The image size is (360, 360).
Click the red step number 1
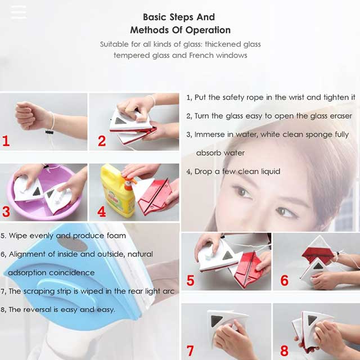click(x=6, y=141)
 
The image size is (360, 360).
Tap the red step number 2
click(x=102, y=141)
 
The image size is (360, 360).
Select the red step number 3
click(x=6, y=211)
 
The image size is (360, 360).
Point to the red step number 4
click(x=102, y=211)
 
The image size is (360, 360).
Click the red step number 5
click(x=190, y=280)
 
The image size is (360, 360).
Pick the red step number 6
click(x=284, y=280)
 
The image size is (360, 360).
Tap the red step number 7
click(x=190, y=351)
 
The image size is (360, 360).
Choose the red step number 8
click(x=284, y=351)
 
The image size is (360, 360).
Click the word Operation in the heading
click(x=208, y=30)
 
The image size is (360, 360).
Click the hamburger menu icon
click(x=19, y=12)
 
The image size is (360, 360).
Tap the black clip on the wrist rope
click(x=49, y=132)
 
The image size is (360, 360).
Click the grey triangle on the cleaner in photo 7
click(x=217, y=320)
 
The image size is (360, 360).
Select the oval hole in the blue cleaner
click(x=72, y=244)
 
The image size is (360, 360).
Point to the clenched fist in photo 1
click(x=30, y=115)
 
